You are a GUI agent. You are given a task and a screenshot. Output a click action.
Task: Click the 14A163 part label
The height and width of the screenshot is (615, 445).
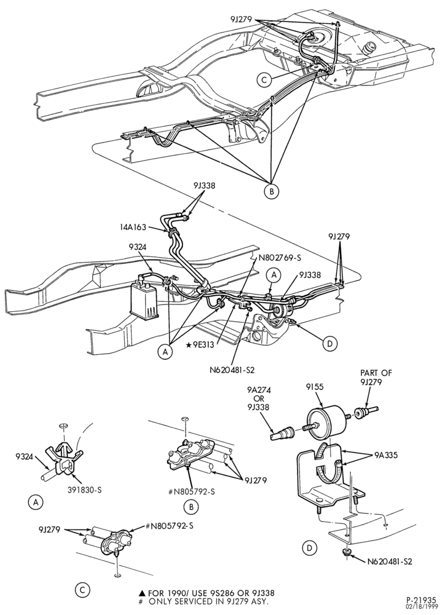tap(133, 227)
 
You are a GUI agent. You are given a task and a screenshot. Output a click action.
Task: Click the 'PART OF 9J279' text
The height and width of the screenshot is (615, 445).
tap(376, 377)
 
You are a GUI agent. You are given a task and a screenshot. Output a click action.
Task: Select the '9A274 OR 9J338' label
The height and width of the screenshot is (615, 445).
tap(258, 399)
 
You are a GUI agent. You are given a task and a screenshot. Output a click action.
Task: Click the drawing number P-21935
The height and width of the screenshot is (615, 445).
tap(420, 600)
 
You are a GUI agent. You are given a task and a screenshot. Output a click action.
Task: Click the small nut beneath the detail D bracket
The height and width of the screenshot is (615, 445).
tap(346, 553)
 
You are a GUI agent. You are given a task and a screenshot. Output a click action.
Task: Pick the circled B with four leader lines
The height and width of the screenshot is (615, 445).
tap(271, 191)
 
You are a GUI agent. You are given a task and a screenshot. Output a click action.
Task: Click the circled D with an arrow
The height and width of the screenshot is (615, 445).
tap(329, 344)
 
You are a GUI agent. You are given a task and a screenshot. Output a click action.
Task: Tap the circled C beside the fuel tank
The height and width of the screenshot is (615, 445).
tap(264, 80)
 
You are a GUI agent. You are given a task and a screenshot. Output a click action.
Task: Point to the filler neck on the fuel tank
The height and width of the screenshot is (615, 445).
tap(370, 48)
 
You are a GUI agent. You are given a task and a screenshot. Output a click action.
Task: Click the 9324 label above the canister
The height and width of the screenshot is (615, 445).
tap(137, 247)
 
